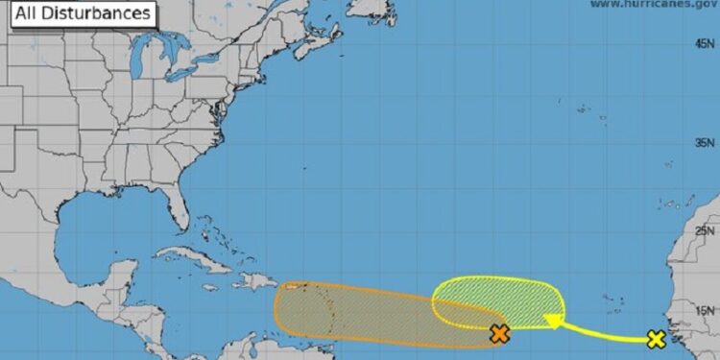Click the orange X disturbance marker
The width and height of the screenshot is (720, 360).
(498, 334)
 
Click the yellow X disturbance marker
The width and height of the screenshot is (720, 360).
(656, 339)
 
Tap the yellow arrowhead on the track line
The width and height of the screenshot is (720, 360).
(552, 322)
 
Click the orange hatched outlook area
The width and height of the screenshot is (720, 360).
(365, 312)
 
